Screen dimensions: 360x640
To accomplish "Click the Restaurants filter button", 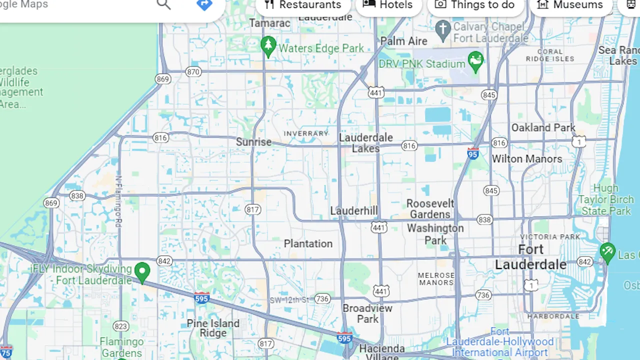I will click(302, 5).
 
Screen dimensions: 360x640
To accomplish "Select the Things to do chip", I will click(475, 5).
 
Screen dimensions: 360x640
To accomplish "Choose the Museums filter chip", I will click(570, 5).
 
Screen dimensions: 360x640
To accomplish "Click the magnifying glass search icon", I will click(163, 4).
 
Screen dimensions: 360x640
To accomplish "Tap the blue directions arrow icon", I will click(204, 4).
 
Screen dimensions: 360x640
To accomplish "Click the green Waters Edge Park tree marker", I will click(268, 46).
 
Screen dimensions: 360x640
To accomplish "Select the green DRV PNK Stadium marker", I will click(475, 61).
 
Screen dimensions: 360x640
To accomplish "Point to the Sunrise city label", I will click(253, 142).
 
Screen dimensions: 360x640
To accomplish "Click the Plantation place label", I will click(308, 243).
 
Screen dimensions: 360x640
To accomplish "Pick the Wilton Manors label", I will click(527, 159).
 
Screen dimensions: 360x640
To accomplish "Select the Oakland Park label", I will click(543, 127).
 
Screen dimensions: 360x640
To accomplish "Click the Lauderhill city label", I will click(354, 210).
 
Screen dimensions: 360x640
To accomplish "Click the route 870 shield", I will click(193, 71).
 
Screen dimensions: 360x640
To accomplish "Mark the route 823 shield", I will click(120, 326).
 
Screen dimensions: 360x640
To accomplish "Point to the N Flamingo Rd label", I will click(118, 200).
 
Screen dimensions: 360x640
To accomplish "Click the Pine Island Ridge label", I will click(213, 328).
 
